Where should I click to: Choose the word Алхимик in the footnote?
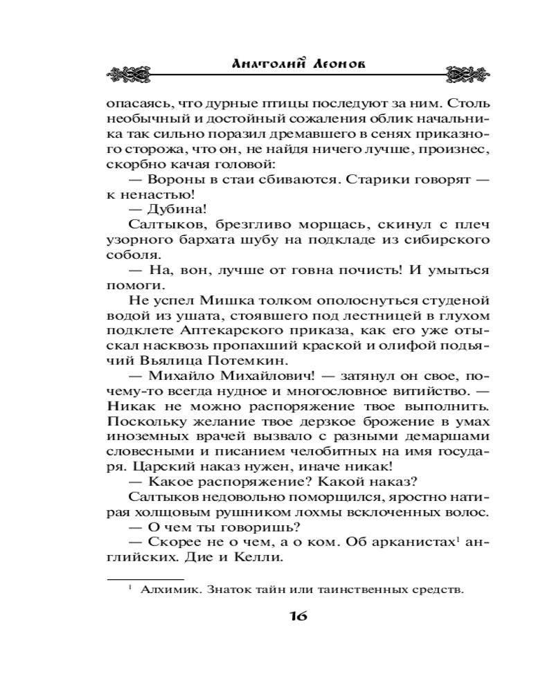(163, 590)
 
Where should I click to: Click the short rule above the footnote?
(145, 579)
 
